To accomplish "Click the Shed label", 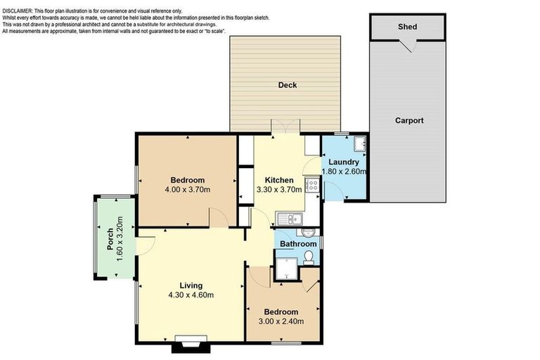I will point(407,27).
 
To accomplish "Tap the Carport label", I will point(409,120).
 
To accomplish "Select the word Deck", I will point(287,85).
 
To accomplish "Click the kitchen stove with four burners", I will point(312,186).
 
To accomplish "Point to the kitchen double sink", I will point(288,219).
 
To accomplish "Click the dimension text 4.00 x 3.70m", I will point(188,190).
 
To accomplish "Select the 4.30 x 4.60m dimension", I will point(191,295).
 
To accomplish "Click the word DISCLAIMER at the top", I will point(22,4).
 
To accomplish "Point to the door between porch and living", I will point(146,245).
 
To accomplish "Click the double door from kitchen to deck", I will point(286,127).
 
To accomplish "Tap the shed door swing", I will point(406,46).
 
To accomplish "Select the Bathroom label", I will point(298,244).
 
